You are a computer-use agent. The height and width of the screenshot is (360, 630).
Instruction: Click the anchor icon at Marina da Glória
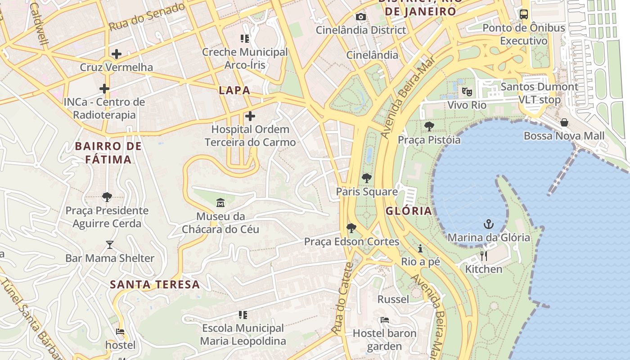click(489, 224)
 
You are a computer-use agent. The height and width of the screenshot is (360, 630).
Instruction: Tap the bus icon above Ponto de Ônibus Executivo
click(524, 14)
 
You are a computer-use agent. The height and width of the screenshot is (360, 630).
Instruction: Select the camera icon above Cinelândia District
click(360, 17)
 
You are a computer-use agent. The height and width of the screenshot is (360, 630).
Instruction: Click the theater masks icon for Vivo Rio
click(467, 92)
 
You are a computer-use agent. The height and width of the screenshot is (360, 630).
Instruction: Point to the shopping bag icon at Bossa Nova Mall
click(564, 122)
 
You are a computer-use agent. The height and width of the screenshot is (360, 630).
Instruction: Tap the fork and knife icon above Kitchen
click(484, 256)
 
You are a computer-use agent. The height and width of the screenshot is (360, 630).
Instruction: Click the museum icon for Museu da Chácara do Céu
click(220, 203)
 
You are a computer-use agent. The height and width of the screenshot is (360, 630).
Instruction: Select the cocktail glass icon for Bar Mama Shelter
click(109, 245)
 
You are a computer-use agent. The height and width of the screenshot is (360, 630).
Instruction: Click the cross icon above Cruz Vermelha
click(117, 54)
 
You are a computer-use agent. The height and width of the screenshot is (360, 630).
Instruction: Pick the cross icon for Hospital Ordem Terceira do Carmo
click(250, 116)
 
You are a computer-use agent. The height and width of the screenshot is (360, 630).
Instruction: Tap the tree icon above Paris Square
click(367, 178)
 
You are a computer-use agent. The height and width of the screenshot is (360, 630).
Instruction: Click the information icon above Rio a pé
click(420, 248)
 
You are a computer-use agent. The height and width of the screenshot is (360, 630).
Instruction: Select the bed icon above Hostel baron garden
click(384, 320)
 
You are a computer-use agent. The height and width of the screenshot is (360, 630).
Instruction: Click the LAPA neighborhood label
click(234, 90)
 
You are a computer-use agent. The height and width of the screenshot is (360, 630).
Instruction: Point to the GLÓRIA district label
click(409, 211)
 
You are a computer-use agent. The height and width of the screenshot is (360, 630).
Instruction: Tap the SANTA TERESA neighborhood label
click(155, 284)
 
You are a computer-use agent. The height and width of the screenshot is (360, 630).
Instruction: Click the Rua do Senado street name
click(147, 17)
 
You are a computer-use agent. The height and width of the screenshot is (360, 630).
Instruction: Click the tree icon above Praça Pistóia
click(429, 126)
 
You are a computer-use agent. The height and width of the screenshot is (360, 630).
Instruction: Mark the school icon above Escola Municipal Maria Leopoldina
click(243, 315)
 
